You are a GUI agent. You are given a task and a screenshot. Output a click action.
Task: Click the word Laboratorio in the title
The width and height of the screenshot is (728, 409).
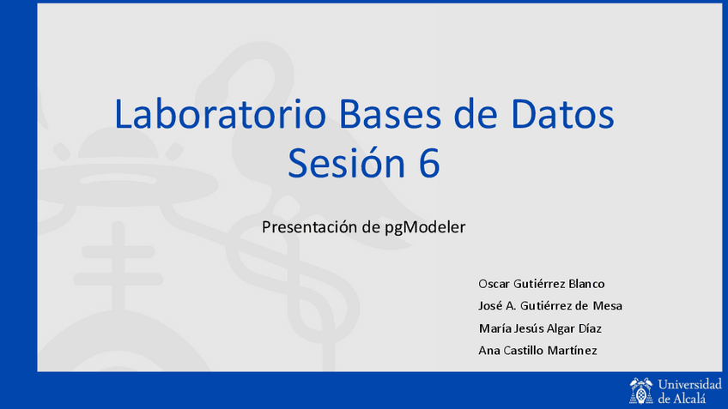[x=221, y=113]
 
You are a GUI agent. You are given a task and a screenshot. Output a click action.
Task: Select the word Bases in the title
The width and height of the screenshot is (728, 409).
[x=390, y=113]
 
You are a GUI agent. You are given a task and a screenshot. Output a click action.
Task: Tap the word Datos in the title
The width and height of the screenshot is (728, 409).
[x=562, y=113]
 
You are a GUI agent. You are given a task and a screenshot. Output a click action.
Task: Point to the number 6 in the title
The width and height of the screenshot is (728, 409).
[x=429, y=163]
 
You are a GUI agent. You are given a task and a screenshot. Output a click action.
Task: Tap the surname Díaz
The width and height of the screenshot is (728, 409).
[x=590, y=328]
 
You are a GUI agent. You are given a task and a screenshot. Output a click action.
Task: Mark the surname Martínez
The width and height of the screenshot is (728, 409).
[x=572, y=351]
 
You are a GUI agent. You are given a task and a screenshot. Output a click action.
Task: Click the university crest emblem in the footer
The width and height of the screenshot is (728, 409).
[x=641, y=391]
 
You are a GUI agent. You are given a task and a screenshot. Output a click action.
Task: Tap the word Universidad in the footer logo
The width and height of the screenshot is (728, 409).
[x=690, y=384]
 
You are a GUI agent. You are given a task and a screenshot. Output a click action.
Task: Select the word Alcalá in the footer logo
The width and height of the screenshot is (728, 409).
[x=689, y=398]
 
